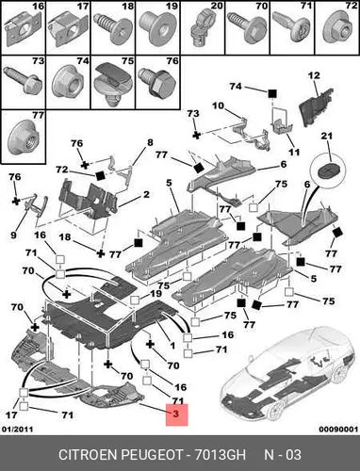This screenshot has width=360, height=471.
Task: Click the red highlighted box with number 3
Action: (176, 414)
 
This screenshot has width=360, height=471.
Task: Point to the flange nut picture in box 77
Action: (23, 138)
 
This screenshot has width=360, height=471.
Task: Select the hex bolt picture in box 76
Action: (157, 82)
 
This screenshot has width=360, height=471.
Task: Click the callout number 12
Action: (314, 75)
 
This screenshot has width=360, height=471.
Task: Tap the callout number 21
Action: (326, 136)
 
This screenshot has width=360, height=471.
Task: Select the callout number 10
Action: (218, 106)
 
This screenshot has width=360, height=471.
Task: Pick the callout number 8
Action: (150, 142)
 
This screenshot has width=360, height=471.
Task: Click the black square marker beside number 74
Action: (272, 93)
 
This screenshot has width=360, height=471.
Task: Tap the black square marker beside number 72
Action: (101, 175)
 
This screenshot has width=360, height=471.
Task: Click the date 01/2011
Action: (18, 430)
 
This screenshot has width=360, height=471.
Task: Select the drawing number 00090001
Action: (338, 430)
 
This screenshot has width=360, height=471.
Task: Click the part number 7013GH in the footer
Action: (221, 455)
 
